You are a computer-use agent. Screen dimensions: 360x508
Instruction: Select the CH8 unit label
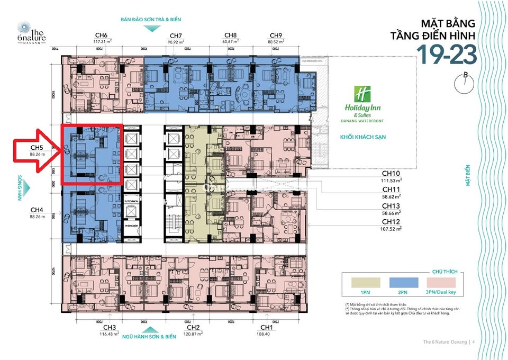pyautogui.click(x=230, y=34)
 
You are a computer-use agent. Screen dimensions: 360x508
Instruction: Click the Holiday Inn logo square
pyautogui.click(x=362, y=94)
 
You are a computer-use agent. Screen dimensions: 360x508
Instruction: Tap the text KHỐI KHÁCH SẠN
pyautogui.click(x=362, y=137)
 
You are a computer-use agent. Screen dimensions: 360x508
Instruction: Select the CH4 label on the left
pyautogui.click(x=37, y=209)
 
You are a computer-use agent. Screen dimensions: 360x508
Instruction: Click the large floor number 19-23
pyautogui.click(x=446, y=54)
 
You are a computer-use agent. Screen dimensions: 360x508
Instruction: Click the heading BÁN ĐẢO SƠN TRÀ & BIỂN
pyautogui.click(x=151, y=20)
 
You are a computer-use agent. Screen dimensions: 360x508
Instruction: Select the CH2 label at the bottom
pyautogui.click(x=193, y=327)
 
